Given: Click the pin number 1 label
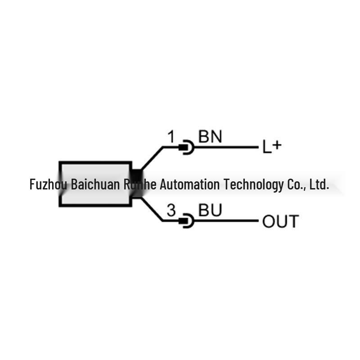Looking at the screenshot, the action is pos(171,137).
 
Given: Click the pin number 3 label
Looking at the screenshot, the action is pos(171,210).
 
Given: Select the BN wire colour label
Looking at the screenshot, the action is pos(210,136).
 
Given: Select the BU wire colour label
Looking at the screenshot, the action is pos(210,210).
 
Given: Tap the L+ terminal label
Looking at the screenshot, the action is pos(272,147).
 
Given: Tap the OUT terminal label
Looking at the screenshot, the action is pos(280,221).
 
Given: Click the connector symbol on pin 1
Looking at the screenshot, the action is pos(186,147).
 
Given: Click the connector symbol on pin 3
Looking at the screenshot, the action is pos(186,221).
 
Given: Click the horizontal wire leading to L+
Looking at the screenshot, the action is pos(226,147).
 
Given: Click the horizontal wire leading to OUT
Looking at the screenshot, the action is pos(226,221).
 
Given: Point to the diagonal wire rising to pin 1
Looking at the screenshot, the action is pos(152,158).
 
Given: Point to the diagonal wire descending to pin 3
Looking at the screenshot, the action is pos(152,209).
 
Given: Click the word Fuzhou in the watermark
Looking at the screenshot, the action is pos(49,184).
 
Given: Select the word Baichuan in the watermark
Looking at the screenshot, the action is pos(95,184).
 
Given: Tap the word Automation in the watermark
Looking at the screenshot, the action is pos(190,184).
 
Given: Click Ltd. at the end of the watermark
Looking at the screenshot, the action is pos(319,184).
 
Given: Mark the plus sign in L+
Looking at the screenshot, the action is pos(277,145).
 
